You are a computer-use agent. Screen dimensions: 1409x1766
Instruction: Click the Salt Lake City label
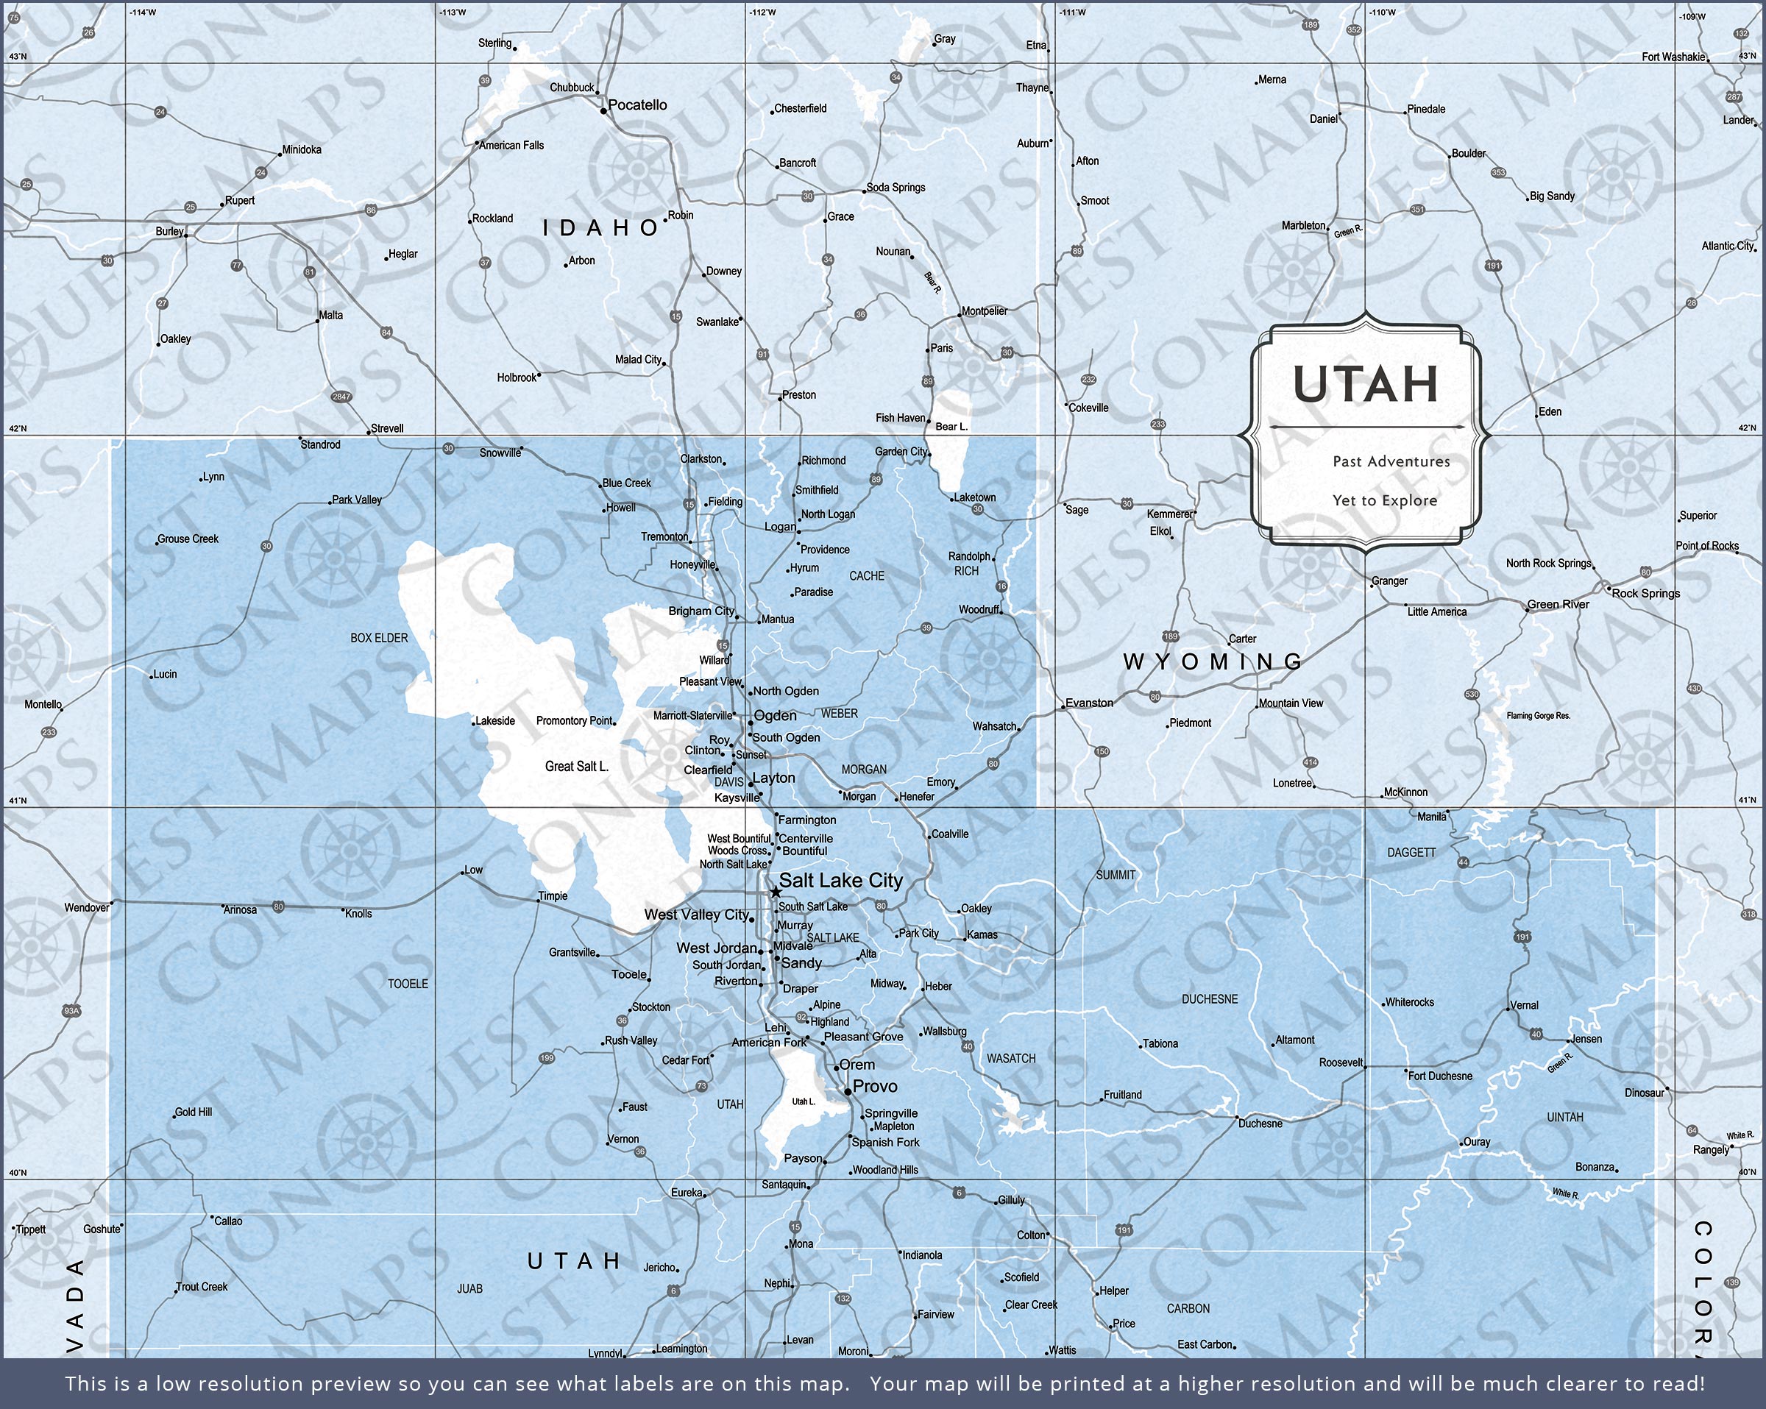[x=840, y=881]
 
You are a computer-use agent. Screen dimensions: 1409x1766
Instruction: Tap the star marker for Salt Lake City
[x=775, y=891]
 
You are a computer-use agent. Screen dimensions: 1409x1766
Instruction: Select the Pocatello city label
[x=637, y=105]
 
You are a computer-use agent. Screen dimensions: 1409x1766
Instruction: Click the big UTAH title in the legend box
[x=1366, y=384]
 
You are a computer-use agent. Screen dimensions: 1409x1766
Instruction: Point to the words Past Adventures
[x=1391, y=461]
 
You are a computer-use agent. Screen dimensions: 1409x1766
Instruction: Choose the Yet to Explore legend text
[x=1384, y=500]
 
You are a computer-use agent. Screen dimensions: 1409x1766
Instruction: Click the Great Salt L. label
[x=577, y=767]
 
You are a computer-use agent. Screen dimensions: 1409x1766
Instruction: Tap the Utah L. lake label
[x=804, y=1101]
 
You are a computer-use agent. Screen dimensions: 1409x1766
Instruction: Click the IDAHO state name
[x=601, y=228]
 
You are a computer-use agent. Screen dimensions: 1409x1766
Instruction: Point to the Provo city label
[x=875, y=1086]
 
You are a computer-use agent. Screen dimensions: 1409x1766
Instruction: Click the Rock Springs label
[x=1645, y=593]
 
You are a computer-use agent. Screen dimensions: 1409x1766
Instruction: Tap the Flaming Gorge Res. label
[x=1539, y=716]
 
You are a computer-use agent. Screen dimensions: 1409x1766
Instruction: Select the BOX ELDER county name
[x=378, y=637]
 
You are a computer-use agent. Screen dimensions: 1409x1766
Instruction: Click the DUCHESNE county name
[x=1210, y=999]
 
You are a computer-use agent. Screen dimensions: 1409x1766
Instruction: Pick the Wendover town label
[x=87, y=908]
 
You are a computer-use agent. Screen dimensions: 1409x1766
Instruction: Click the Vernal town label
[x=1525, y=1005]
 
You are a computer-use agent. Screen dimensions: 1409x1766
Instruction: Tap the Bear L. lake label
[x=951, y=427]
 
